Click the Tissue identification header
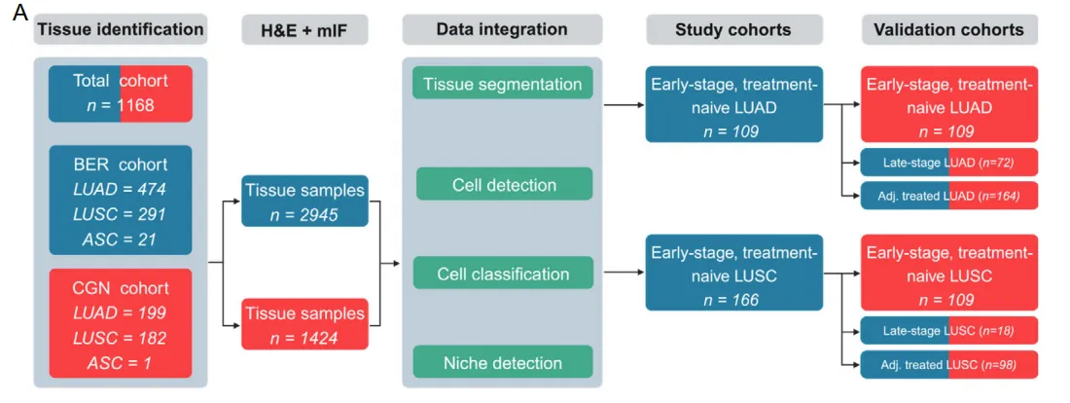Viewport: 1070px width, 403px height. (120, 29)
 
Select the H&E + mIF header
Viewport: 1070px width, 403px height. (306, 29)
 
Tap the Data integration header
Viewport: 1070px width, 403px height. (502, 29)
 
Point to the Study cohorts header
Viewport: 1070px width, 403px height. (732, 29)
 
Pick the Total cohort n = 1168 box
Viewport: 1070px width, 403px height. (121, 93)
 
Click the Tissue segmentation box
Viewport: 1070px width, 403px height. (502, 84)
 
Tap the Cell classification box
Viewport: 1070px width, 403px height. (502, 275)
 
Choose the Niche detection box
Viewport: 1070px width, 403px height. (503, 363)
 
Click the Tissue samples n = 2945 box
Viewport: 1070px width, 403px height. (305, 201)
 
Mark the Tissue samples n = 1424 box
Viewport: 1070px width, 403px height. (305, 325)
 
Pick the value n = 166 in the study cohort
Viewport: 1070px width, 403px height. (732, 300)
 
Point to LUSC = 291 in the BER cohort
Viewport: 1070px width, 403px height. (120, 214)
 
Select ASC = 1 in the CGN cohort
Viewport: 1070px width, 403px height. (120, 362)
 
